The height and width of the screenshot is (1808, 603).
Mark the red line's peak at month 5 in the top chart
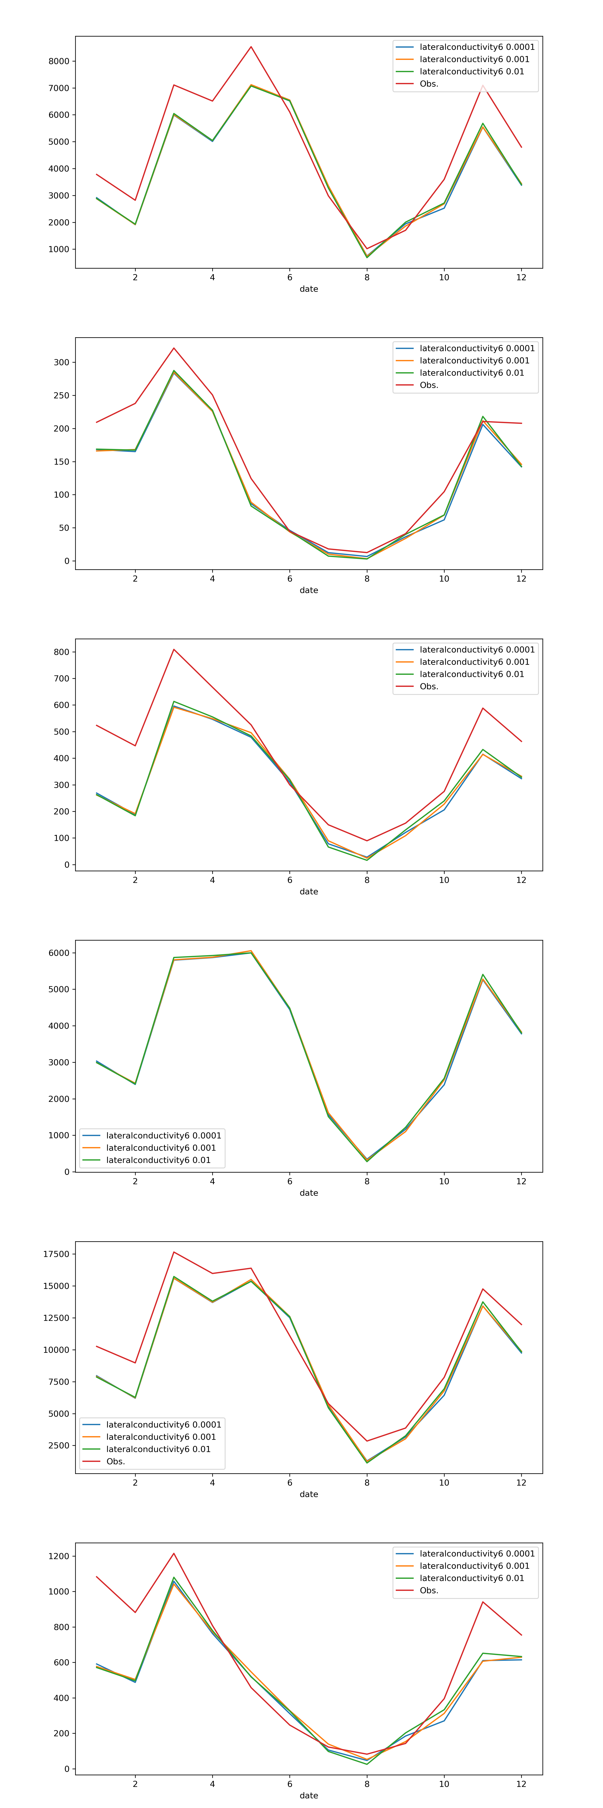(251, 47)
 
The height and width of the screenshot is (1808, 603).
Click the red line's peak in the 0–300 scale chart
(174, 348)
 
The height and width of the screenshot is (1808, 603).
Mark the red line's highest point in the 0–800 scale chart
(174, 649)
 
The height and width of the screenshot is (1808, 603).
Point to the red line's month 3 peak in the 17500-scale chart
(174, 1252)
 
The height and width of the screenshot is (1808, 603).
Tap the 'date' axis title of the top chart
(309, 288)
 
